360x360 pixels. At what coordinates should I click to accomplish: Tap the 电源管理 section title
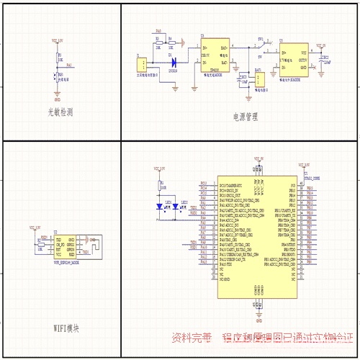246,117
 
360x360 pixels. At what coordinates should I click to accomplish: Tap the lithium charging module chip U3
215,55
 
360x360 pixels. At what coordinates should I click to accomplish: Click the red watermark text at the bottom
262,337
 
